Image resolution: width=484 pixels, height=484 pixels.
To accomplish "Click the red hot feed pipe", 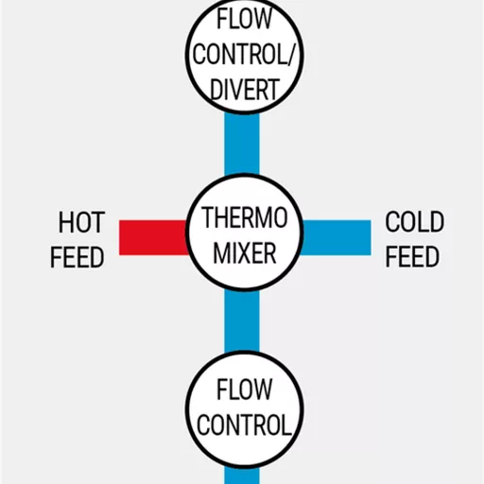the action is (x=153, y=237).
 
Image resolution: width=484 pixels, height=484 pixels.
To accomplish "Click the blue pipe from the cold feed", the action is (x=336, y=237).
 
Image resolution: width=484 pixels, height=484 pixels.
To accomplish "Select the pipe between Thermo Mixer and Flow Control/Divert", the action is (x=242, y=144).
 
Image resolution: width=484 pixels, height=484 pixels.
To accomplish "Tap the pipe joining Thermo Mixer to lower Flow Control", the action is (x=242, y=321).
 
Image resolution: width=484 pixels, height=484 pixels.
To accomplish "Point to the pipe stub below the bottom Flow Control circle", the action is (x=242, y=475).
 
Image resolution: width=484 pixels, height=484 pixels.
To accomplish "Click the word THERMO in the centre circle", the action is (x=245, y=217).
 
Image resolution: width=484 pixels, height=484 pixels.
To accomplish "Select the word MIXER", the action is (x=245, y=253).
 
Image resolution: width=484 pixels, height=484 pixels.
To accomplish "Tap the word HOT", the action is (x=81, y=222).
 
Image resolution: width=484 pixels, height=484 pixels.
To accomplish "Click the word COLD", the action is (x=415, y=222).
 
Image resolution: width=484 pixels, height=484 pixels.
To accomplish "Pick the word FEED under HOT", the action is (x=78, y=257).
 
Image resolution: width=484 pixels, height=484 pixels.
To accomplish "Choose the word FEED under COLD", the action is (x=412, y=256).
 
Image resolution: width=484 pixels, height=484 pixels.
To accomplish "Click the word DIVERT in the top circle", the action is (x=245, y=90).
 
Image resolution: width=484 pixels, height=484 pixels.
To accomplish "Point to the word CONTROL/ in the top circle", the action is (x=243, y=54).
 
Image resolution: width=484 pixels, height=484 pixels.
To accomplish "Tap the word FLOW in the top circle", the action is (x=244, y=19).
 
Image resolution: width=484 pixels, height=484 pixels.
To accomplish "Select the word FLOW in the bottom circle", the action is (x=244, y=389).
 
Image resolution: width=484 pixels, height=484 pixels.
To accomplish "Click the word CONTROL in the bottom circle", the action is (x=244, y=424).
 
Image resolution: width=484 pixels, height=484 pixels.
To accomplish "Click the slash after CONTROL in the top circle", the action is (x=290, y=54).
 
